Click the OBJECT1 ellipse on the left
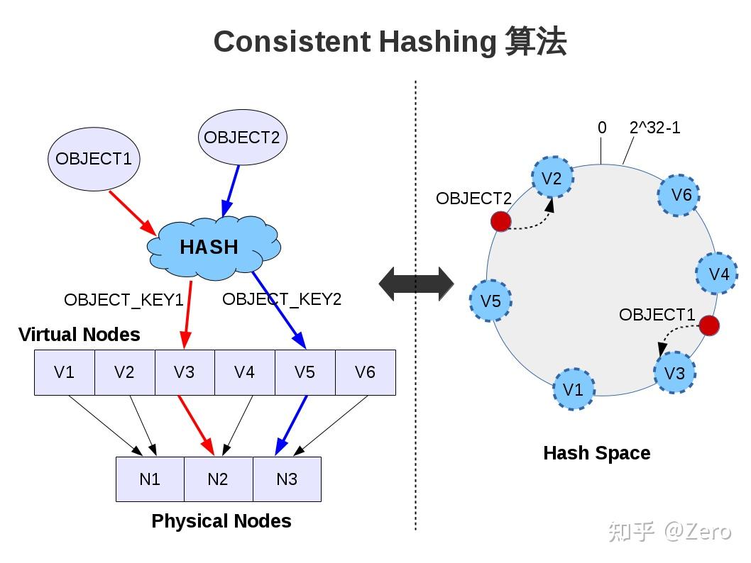pos(94,159)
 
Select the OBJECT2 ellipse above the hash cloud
pos(242,138)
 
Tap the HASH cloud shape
pos(210,247)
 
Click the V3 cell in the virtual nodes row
pos(185,372)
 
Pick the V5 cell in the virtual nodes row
pos(305,372)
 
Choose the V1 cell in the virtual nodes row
pos(65,372)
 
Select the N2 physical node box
pos(218,479)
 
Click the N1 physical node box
pos(150,479)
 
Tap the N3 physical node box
pos(287,479)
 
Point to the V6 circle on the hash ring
pos(679,194)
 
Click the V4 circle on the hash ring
pos(718,274)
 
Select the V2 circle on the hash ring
pos(552,179)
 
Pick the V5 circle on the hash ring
pos(490,301)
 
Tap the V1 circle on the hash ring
pos(573,389)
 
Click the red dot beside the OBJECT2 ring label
pos(500,222)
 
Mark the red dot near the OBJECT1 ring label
pos(709,326)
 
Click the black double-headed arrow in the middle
pos(416,284)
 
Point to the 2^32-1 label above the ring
pos(654,128)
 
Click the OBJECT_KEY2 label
pos(282,299)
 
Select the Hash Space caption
pos(596,453)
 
